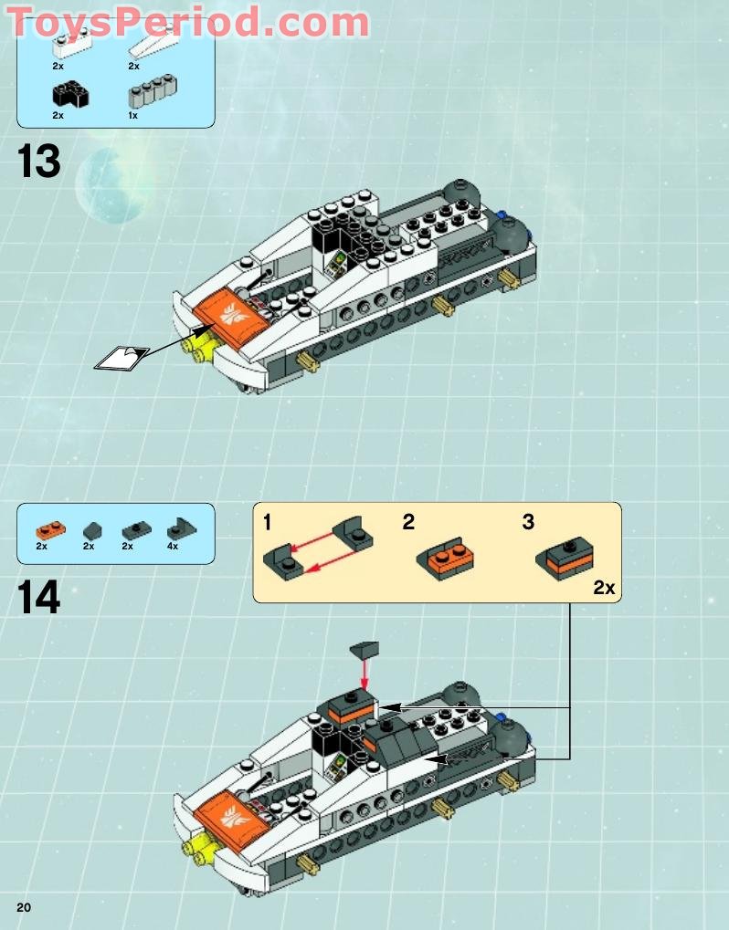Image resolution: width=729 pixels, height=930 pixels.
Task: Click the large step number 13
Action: [38, 162]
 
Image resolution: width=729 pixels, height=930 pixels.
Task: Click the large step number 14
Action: [38, 598]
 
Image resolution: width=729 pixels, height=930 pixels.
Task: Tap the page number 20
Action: [23, 906]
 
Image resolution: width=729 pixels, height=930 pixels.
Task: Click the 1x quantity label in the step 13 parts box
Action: [133, 116]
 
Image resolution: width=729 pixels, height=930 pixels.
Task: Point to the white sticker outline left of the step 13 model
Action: [121, 359]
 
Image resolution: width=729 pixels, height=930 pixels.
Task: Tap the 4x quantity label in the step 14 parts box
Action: [173, 546]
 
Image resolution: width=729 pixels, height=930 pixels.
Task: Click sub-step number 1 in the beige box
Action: [267, 523]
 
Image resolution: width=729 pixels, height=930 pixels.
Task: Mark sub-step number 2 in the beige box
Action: [408, 523]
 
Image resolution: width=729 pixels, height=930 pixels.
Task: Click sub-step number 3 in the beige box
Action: [528, 523]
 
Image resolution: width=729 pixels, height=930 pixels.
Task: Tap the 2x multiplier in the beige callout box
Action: [604, 588]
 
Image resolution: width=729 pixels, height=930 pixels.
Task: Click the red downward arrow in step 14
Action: [366, 675]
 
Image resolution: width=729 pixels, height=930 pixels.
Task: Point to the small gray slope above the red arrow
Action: [364, 650]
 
